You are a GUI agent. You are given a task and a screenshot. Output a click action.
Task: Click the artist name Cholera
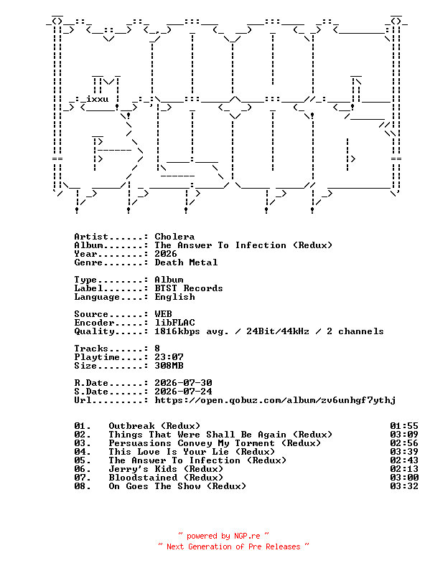pos(174,237)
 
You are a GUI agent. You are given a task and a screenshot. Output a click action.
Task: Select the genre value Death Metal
pos(186,262)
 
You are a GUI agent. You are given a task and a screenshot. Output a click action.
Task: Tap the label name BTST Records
pos(189,288)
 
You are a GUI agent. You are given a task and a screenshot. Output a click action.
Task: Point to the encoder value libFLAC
pos(174,323)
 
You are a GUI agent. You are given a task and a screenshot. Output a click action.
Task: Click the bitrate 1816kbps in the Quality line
pos(177,331)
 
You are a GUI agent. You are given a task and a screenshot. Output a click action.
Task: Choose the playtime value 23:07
pos(169,357)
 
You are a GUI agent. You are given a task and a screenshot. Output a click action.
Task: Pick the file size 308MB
pos(169,366)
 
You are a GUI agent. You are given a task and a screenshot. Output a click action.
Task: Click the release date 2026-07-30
pos(184,383)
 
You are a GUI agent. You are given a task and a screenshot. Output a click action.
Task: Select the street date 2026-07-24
pos(184,392)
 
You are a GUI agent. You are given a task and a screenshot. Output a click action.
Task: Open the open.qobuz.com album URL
pos(275,400)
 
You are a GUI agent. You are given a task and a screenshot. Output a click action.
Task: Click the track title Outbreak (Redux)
pos(154,426)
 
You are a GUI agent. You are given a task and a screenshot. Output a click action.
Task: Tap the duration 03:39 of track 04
pos(404,452)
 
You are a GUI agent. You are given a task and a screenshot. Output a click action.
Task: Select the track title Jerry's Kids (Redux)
pos(166,469)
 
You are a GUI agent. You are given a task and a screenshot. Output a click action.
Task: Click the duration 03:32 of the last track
pos(404,486)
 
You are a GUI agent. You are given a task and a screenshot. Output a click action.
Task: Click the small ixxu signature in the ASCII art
pos(97,99)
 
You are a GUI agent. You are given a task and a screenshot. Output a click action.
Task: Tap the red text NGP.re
pos(247,536)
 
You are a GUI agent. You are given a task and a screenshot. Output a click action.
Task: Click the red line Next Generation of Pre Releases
pos(233,546)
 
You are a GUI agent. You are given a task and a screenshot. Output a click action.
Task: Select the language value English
pos(174,297)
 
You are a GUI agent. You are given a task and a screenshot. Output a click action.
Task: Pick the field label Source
pos(91,314)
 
